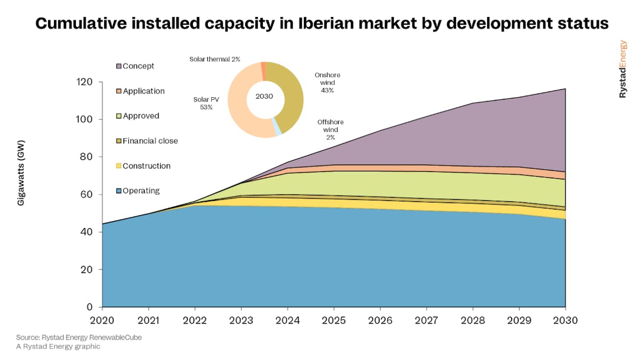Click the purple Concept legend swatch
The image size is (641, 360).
pos(119,66)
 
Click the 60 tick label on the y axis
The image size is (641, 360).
pos(88,194)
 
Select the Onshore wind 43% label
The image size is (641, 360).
pos(327,83)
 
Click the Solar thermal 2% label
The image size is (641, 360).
pos(215,59)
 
